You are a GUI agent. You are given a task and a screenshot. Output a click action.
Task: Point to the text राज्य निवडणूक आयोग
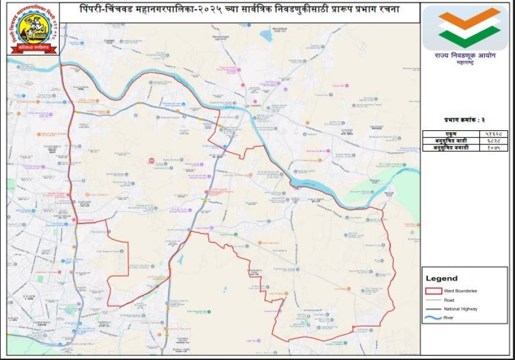(x=465, y=55)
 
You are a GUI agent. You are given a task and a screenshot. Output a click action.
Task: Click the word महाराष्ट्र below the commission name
(x=465, y=63)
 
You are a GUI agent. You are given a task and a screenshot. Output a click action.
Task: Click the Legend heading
(x=442, y=278)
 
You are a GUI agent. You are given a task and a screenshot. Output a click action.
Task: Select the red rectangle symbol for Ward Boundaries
(x=434, y=291)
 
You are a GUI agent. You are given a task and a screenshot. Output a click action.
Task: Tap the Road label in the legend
(x=456, y=300)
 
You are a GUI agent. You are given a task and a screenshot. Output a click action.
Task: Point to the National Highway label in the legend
(x=464, y=309)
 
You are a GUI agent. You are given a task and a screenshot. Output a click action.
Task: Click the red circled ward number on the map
(x=152, y=160)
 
